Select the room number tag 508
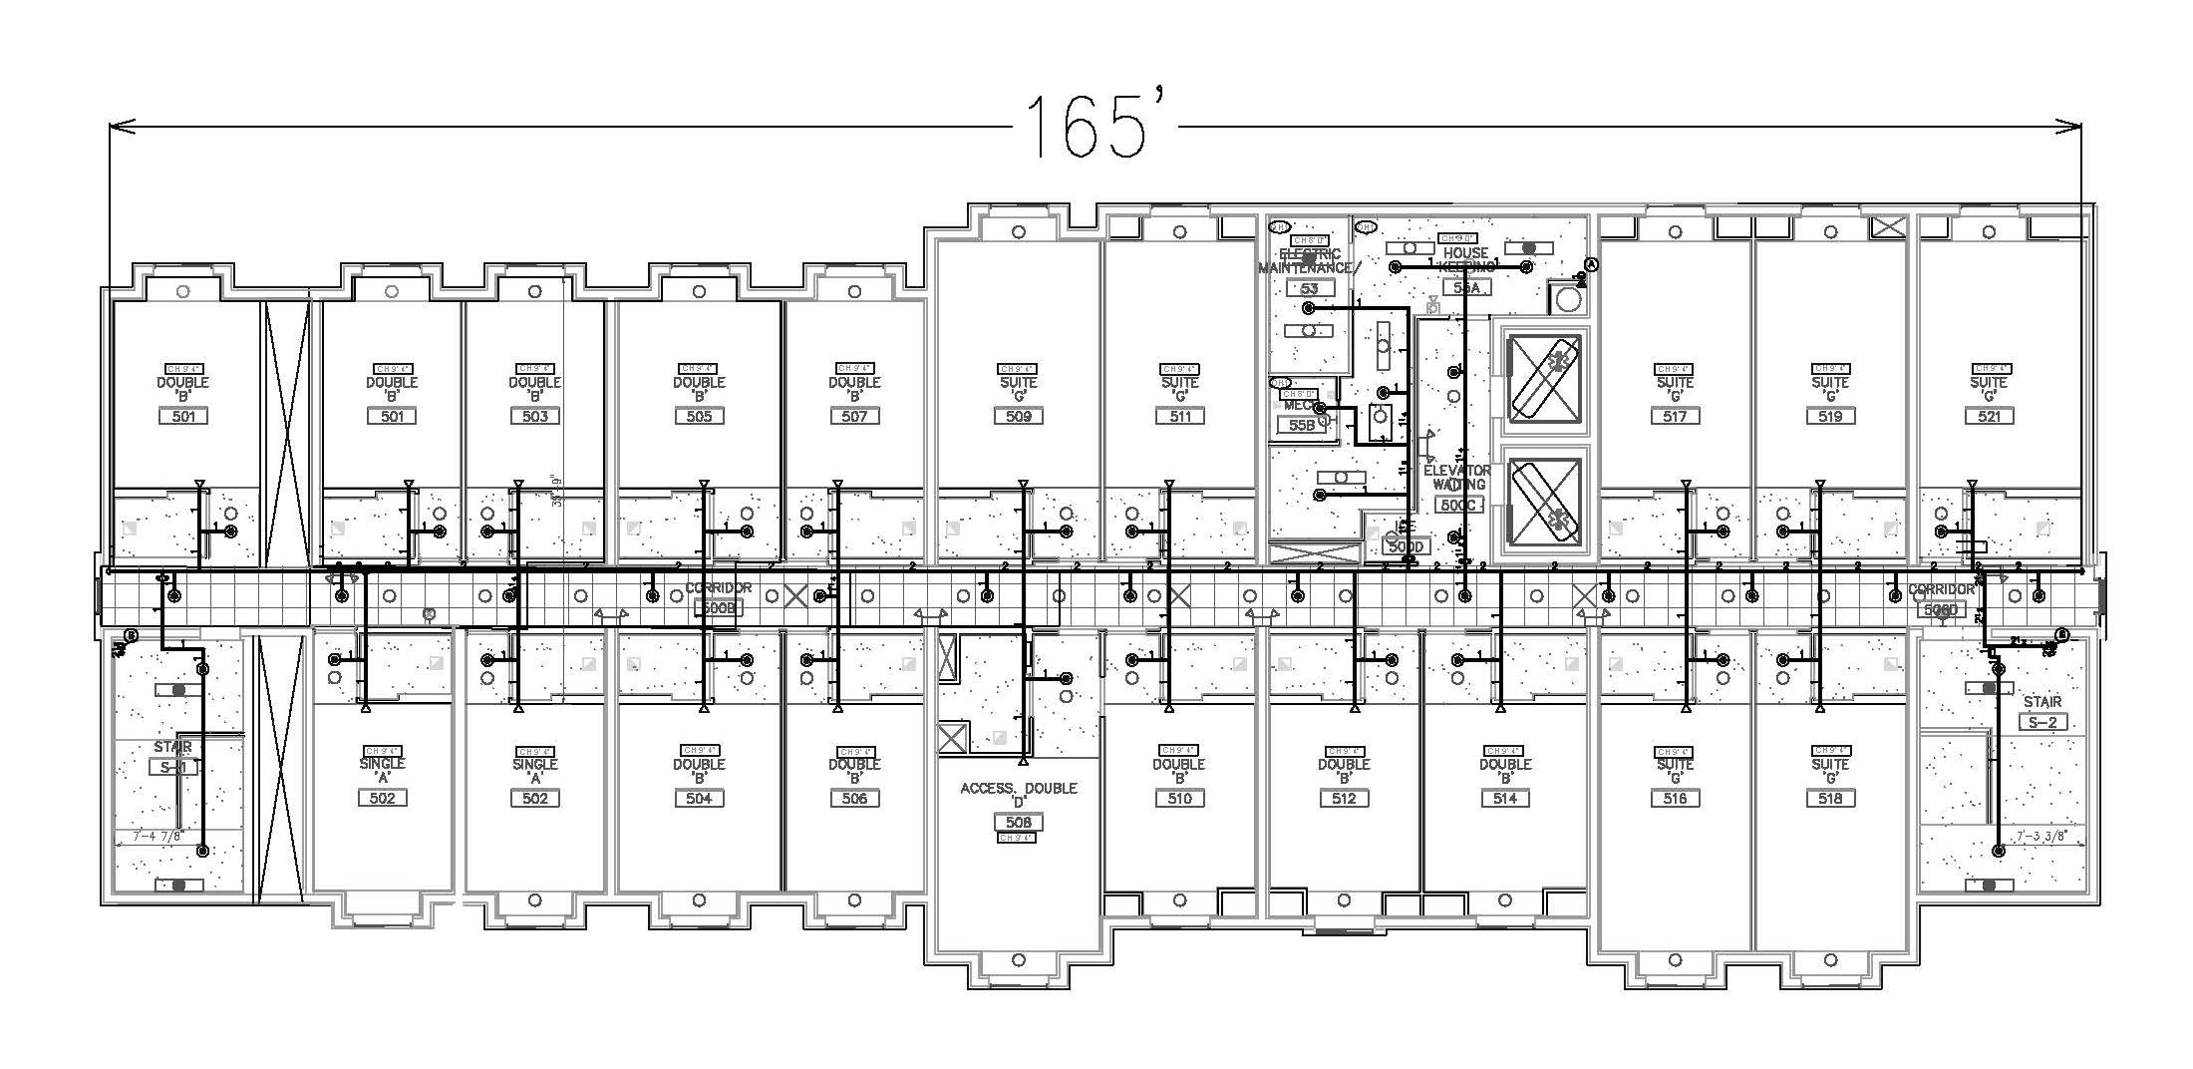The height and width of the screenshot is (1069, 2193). point(1018,822)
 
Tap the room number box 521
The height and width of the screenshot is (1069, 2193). point(1989,416)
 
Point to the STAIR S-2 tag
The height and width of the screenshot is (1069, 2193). point(2042,722)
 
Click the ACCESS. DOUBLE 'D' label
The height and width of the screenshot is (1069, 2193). point(1018,795)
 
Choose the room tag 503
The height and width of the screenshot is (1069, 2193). point(535,416)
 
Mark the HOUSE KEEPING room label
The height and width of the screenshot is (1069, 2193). point(1465,259)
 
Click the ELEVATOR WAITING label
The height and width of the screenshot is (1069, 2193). point(1457,477)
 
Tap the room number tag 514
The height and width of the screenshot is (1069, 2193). point(1505,798)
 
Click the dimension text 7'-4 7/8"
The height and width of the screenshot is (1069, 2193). point(150,837)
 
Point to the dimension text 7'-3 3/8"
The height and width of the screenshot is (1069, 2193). point(2045,837)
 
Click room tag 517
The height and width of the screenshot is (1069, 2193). point(1675,416)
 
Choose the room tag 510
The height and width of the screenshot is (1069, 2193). point(1179,798)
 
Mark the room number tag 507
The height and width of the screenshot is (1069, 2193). point(854,416)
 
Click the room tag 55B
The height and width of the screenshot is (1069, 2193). point(1302,425)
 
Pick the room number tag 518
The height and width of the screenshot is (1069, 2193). point(1830,798)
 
